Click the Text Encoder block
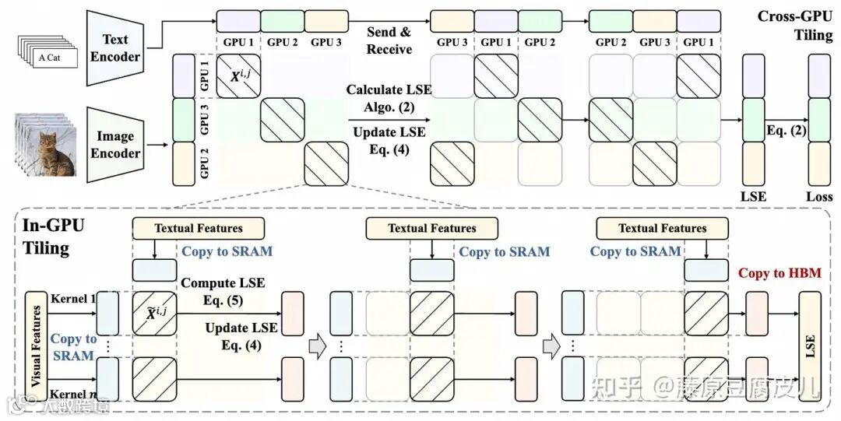click(x=115, y=47)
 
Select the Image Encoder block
click(x=115, y=144)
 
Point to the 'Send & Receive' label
click(x=389, y=41)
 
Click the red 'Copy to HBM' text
click(x=779, y=273)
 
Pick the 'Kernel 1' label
click(x=72, y=299)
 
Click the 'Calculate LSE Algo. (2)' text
click(x=389, y=99)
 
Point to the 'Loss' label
click(x=818, y=197)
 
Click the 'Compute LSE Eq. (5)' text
click(x=223, y=293)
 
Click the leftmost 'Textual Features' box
click(x=199, y=228)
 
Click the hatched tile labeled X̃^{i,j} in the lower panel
click(x=154, y=314)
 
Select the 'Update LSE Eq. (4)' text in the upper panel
click(x=389, y=142)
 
